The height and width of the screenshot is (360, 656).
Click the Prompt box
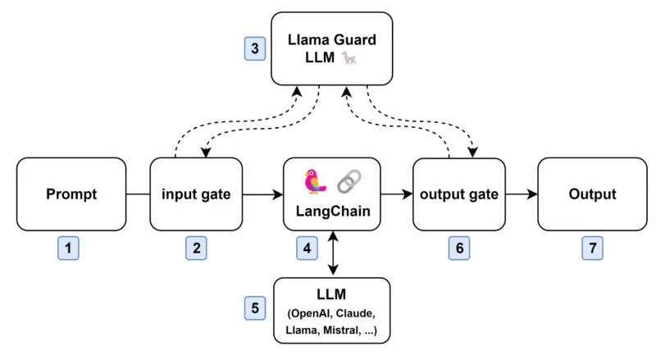(71, 194)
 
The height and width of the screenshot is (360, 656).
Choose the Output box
(592, 194)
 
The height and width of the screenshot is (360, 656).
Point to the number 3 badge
(255, 48)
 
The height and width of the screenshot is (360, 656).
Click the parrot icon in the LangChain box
(315, 180)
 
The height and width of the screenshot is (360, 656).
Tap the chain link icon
(349, 180)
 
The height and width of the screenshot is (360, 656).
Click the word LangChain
(332, 212)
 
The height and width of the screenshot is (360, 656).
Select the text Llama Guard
(331, 39)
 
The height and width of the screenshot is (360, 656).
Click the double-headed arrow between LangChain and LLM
(332, 253)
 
